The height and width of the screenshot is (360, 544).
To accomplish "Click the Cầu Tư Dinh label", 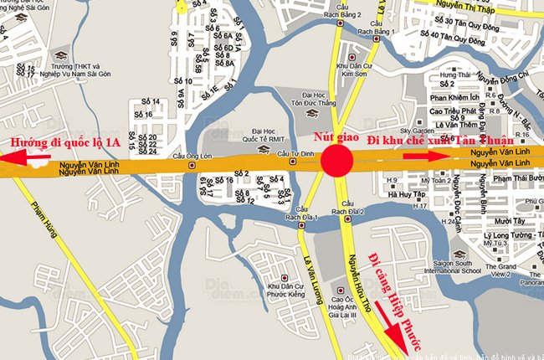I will tap(295, 155).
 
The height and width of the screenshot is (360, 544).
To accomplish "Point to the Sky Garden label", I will tap(415, 131).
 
